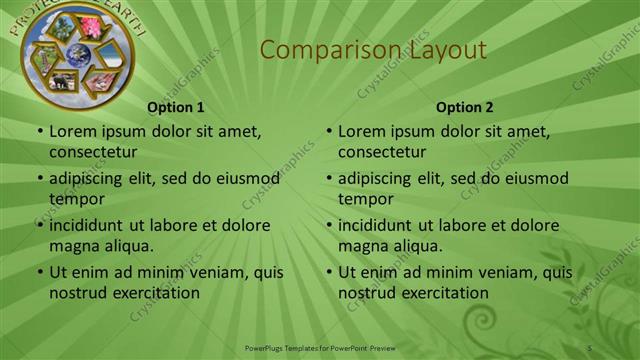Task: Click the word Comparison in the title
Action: pos(311,50)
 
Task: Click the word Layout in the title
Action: pos(440,50)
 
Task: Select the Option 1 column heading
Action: pos(176,107)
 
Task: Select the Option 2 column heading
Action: pos(465,107)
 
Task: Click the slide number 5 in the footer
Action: pos(590,346)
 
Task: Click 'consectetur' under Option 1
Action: pos(93,152)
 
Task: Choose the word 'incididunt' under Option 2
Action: pos(375,225)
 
